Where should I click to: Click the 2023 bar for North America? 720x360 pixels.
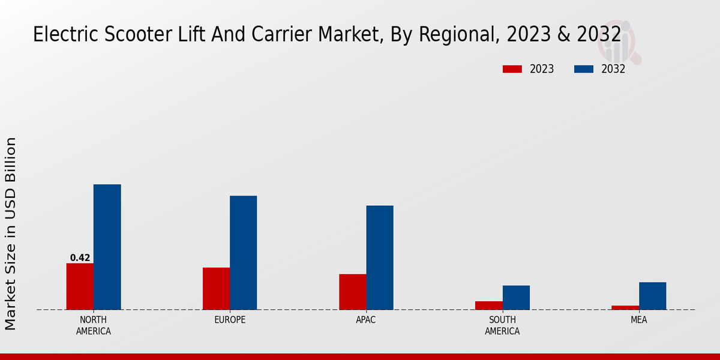[x=80, y=286]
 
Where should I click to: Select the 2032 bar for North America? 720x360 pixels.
[x=107, y=247]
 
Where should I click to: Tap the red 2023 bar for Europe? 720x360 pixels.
[x=216, y=289]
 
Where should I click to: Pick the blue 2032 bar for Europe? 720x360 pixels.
[x=243, y=253]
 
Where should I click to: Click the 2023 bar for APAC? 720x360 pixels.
[x=352, y=292]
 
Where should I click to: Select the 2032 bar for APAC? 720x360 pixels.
[x=380, y=257]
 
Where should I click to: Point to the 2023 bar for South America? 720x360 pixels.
[x=488, y=305]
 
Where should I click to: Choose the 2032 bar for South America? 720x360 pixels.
[x=516, y=298]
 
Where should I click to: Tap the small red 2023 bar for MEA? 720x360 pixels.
[x=625, y=307]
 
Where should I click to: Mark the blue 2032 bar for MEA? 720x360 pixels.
[x=652, y=296]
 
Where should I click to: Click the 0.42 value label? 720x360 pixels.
[x=80, y=258]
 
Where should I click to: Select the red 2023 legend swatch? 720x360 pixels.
[x=512, y=69]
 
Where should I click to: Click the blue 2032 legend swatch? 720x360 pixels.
[x=583, y=69]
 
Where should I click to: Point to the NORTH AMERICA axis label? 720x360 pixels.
[x=94, y=325]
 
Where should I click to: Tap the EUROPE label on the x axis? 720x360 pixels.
[x=230, y=320]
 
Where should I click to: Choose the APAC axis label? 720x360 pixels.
[x=366, y=320]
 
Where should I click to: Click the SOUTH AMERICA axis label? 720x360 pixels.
[x=502, y=325]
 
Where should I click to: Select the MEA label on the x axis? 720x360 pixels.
[x=638, y=320]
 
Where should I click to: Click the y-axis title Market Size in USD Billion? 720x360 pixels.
[x=11, y=233]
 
